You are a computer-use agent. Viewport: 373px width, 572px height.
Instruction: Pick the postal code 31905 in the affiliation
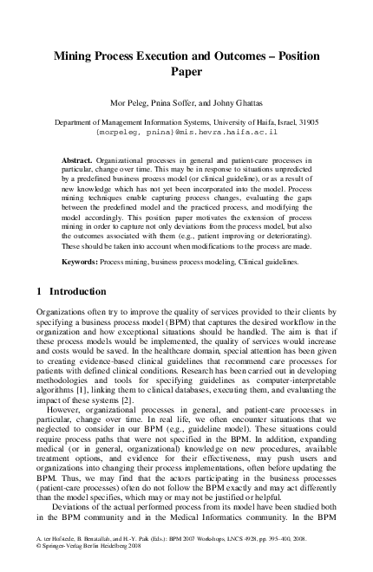pos(307,123)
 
